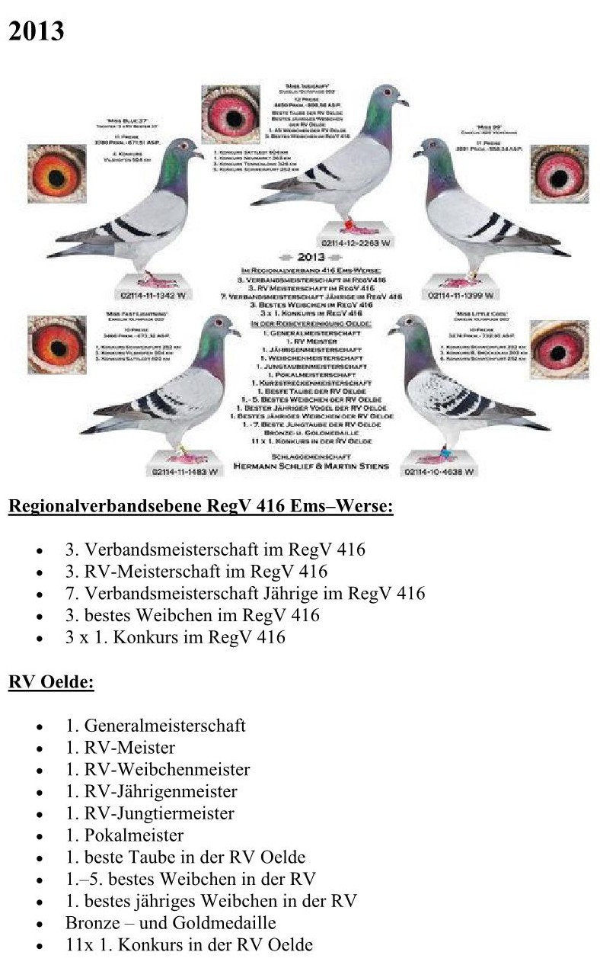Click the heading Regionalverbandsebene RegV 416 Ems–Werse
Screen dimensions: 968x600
201,506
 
